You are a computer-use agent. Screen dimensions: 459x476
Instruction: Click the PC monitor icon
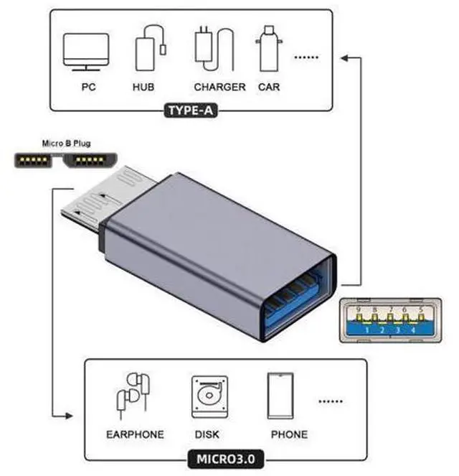86,52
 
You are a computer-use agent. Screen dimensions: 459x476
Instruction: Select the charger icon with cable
214,49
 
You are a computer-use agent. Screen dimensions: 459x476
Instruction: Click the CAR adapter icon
269,49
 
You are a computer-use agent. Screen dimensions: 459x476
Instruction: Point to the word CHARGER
219,87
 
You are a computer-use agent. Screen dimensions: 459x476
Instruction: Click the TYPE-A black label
191,111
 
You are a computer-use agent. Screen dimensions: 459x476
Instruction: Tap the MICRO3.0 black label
226,459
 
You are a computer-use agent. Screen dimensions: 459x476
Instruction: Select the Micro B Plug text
67,144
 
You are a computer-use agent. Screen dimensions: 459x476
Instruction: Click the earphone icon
133,396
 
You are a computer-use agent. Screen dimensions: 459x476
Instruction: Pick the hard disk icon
209,397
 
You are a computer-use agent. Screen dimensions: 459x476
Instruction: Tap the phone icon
280,396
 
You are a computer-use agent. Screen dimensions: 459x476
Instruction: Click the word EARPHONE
136,434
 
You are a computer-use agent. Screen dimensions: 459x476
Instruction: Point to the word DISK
207,434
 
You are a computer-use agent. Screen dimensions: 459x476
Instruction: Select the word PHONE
289,434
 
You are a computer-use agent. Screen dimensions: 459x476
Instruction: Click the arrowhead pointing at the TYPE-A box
344,57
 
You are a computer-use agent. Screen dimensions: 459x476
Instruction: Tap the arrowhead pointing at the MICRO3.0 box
69,416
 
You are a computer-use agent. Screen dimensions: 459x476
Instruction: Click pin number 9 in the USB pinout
359,310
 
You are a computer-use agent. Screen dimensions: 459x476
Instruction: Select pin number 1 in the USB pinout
367,330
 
